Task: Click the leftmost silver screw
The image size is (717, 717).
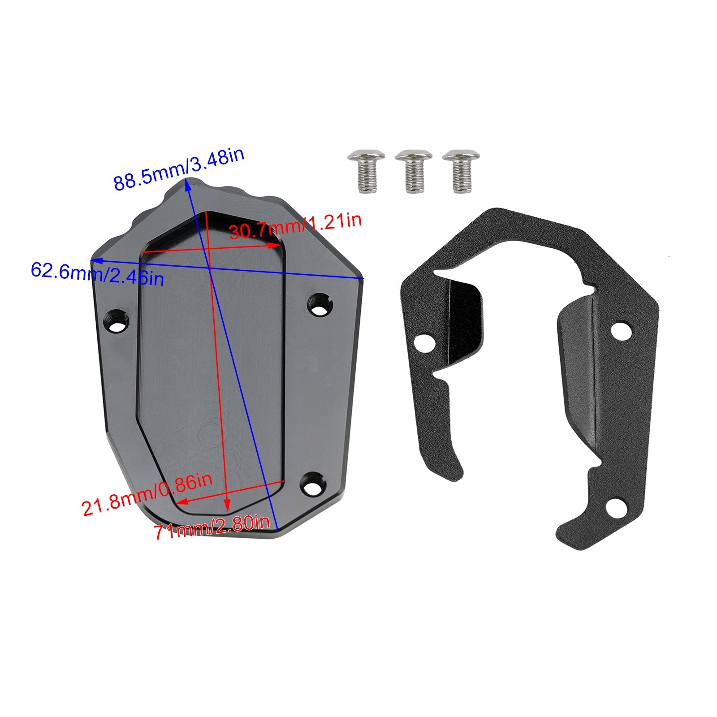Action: point(366,171)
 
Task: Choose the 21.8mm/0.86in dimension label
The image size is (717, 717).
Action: point(147,494)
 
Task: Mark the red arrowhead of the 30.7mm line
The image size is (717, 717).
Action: point(274,246)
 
